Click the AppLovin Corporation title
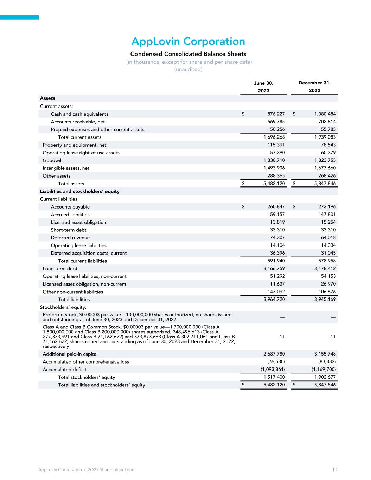(188, 41)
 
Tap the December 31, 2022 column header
(314, 87)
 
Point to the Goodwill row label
(52, 160)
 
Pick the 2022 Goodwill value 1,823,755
(325, 160)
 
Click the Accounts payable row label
(70, 207)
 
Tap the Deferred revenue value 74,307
(277, 238)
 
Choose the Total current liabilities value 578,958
(326, 261)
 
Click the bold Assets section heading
(47, 98)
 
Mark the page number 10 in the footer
(334, 470)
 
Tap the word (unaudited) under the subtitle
(188, 69)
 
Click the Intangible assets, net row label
(66, 168)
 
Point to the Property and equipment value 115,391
(276, 145)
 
